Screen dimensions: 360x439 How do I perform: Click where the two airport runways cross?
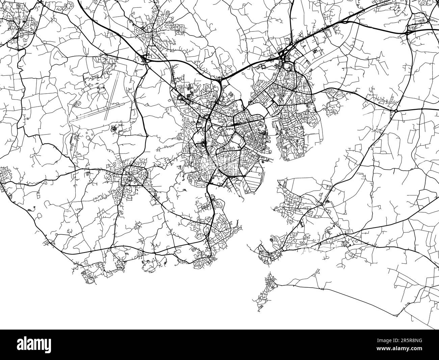coord(106,107)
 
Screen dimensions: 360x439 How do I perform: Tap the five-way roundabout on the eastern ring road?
coord(395,111)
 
